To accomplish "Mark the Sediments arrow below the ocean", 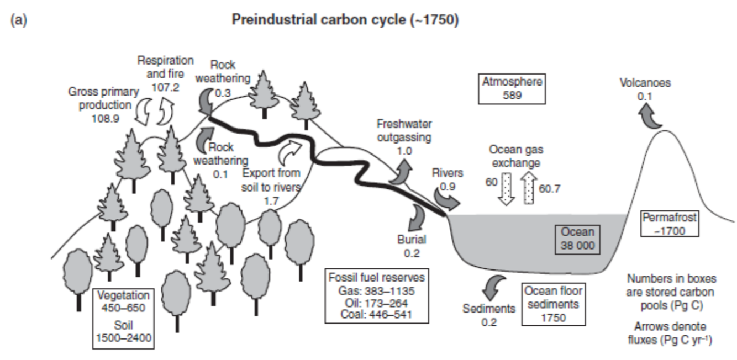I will [491, 289].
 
